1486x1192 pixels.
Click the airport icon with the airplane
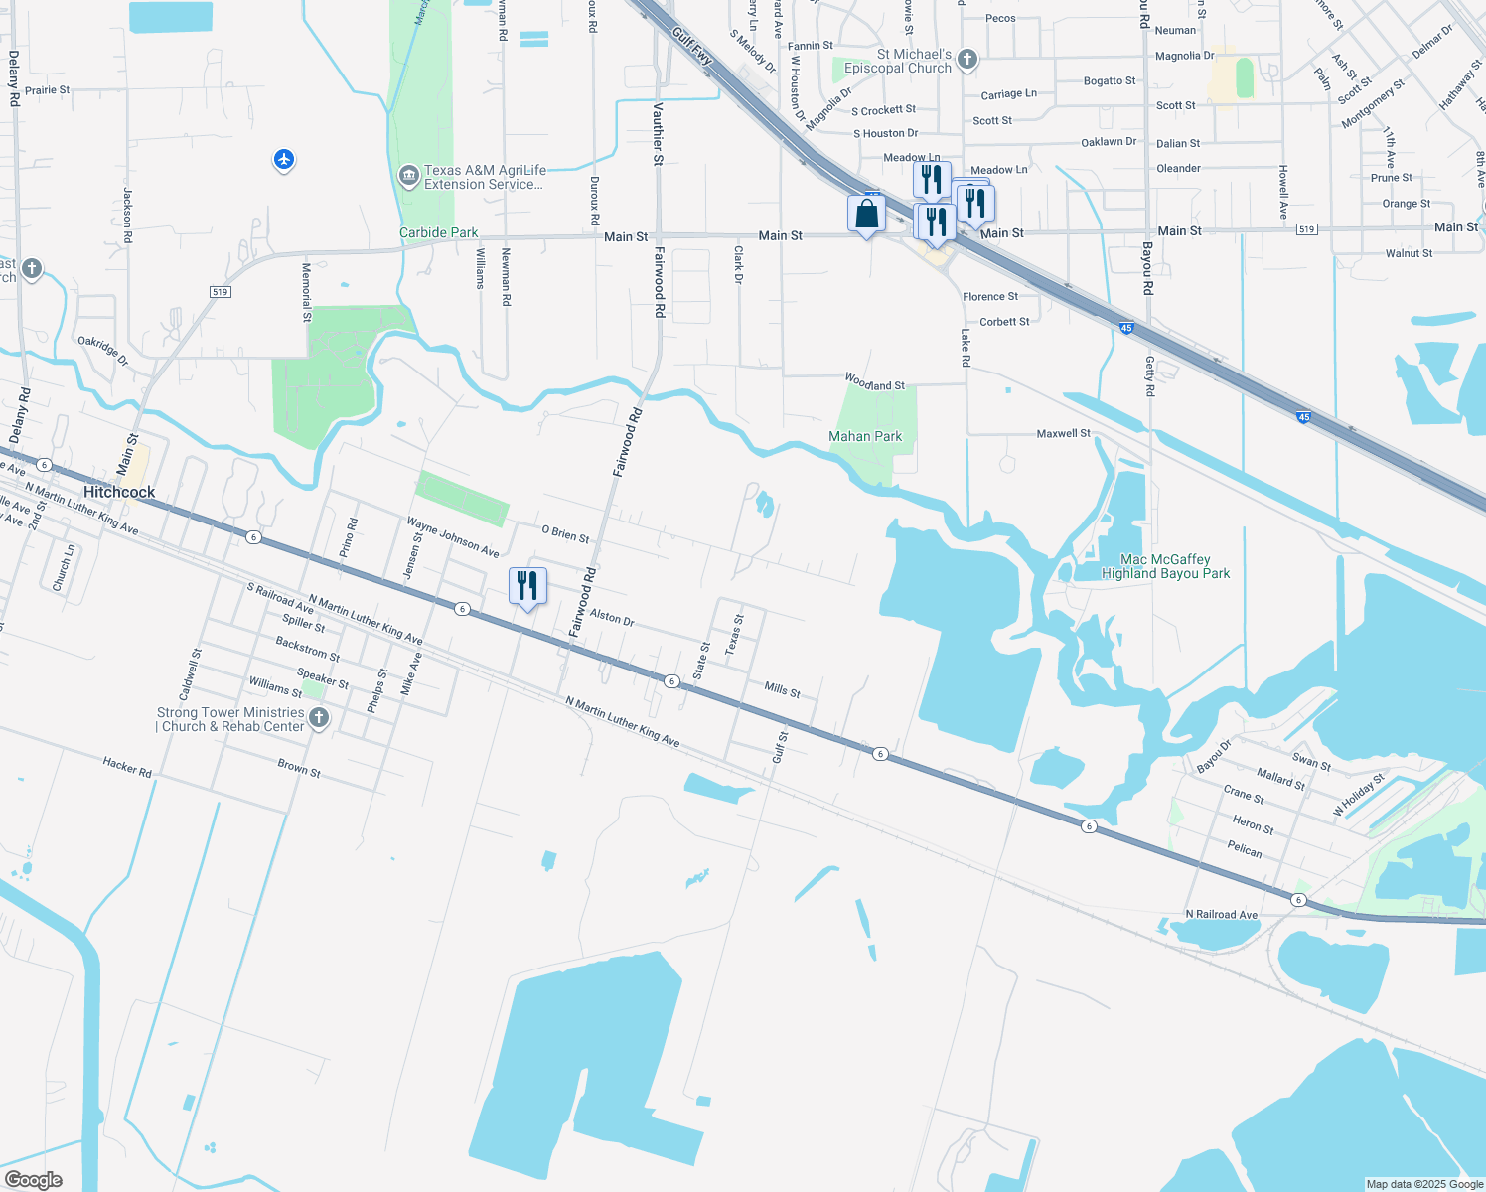[x=284, y=159]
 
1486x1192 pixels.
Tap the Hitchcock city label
[x=119, y=492]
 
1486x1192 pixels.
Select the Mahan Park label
[x=865, y=436]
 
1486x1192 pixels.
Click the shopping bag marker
[x=866, y=215]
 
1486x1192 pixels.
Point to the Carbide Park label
[x=438, y=232]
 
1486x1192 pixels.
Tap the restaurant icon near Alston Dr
[x=527, y=587]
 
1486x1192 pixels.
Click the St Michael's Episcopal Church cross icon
[x=966, y=61]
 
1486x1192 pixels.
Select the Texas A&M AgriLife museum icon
[x=408, y=177]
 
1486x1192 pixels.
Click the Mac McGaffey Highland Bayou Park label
[x=1165, y=566]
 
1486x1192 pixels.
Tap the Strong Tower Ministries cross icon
[x=318, y=718]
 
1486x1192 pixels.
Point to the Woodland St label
[x=875, y=382]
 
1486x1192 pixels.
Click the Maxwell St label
[x=1063, y=433]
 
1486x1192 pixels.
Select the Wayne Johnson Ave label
[x=453, y=537]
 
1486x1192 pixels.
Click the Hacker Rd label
[x=127, y=766]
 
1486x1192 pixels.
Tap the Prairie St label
[x=48, y=89]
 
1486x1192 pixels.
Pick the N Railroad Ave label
[x=1221, y=914]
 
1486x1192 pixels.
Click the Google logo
[x=34, y=1180]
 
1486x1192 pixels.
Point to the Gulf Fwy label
[x=692, y=46]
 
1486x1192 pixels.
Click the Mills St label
[x=782, y=689]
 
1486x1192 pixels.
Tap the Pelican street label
[x=1245, y=849]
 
